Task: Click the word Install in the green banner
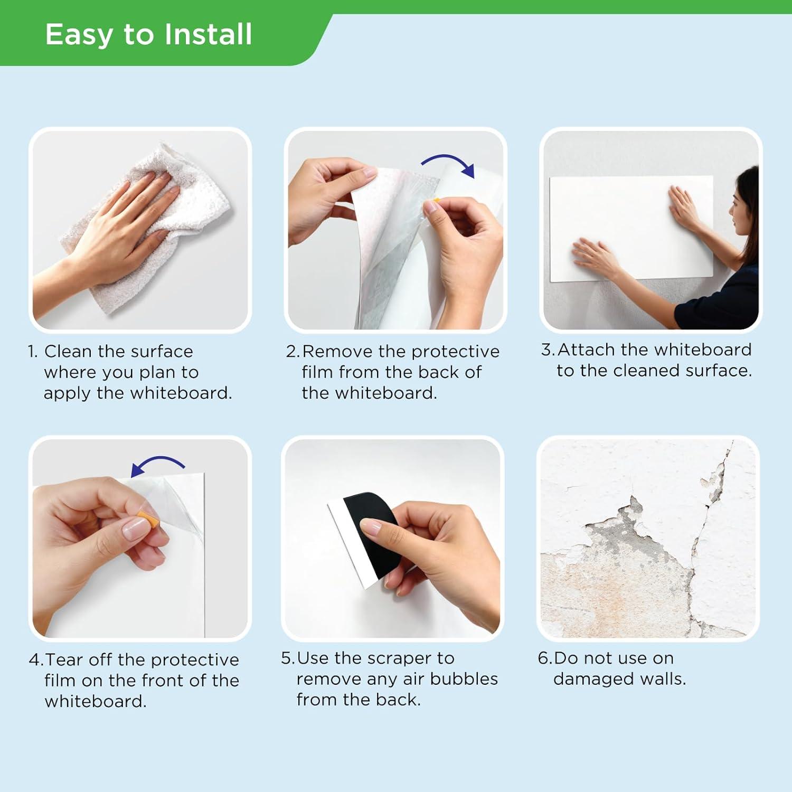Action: [x=208, y=34]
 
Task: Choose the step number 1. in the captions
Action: [x=33, y=352]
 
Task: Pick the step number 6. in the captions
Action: [x=545, y=658]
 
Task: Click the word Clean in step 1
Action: [x=68, y=351]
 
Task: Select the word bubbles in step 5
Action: [x=464, y=678]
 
